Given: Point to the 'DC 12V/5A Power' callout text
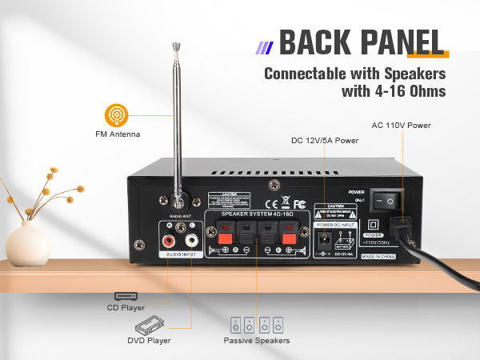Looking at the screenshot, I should click(x=324, y=140).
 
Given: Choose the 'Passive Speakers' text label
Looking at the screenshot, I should click(x=256, y=341).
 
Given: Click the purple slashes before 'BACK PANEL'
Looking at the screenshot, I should click(x=263, y=46).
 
